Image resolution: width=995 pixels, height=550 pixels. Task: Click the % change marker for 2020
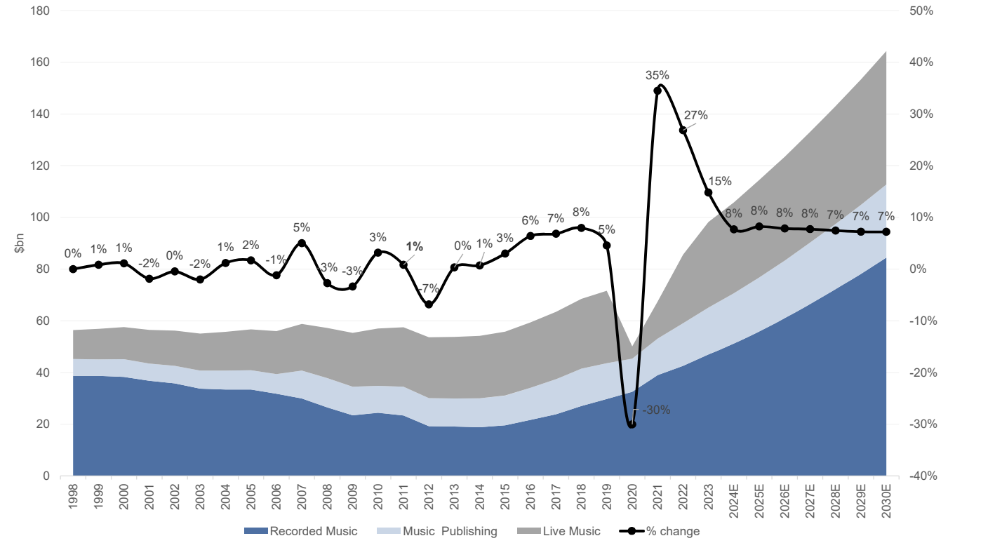click(x=632, y=424)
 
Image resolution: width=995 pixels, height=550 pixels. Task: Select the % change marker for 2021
click(x=657, y=90)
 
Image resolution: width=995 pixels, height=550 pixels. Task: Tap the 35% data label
click(x=657, y=75)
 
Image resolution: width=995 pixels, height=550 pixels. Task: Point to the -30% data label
click(x=656, y=410)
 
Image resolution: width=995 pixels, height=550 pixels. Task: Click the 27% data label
click(x=696, y=116)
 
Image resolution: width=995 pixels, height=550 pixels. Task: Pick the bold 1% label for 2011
click(x=415, y=246)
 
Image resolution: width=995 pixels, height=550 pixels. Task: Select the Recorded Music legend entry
click(x=301, y=531)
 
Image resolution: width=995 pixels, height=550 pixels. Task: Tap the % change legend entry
click(x=660, y=531)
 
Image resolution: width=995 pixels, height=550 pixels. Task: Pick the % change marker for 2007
click(x=302, y=243)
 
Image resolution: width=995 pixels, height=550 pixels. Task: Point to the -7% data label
click(x=428, y=288)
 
